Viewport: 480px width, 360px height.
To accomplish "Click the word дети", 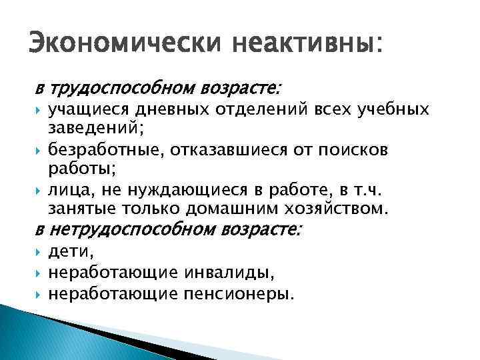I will [71, 253].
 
